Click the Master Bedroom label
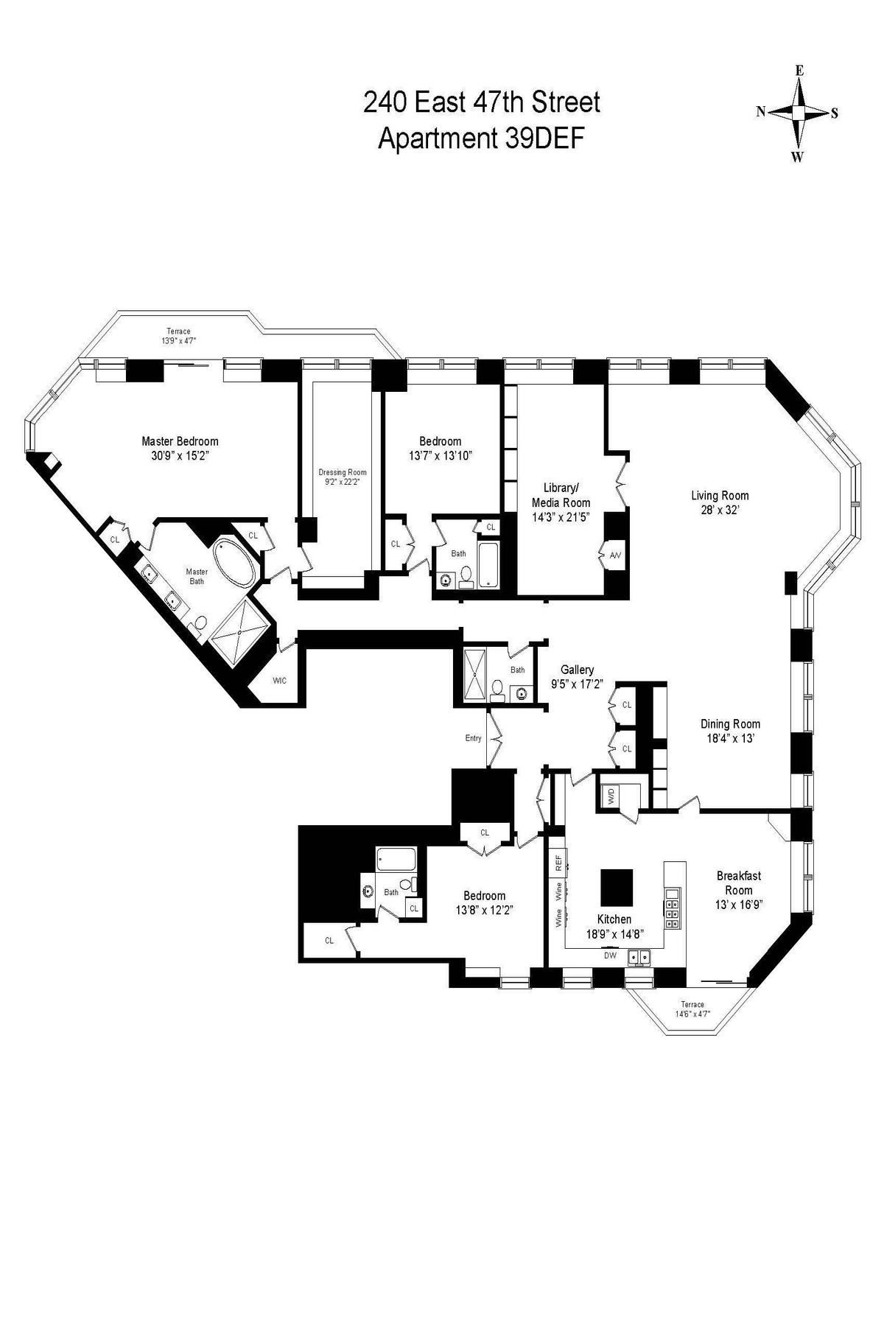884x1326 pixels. [x=180, y=441]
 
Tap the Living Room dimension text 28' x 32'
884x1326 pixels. [x=720, y=510]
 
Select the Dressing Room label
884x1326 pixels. [x=342, y=472]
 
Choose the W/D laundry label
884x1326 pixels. [x=610, y=796]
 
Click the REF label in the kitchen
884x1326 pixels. [x=558, y=863]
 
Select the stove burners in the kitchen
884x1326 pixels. [x=673, y=908]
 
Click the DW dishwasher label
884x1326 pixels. [x=610, y=955]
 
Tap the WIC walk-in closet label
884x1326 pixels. [x=279, y=680]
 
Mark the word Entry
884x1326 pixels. [x=473, y=737]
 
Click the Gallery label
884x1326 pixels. [x=577, y=670]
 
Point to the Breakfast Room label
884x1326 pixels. [x=739, y=883]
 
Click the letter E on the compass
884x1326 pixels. [x=799, y=71]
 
